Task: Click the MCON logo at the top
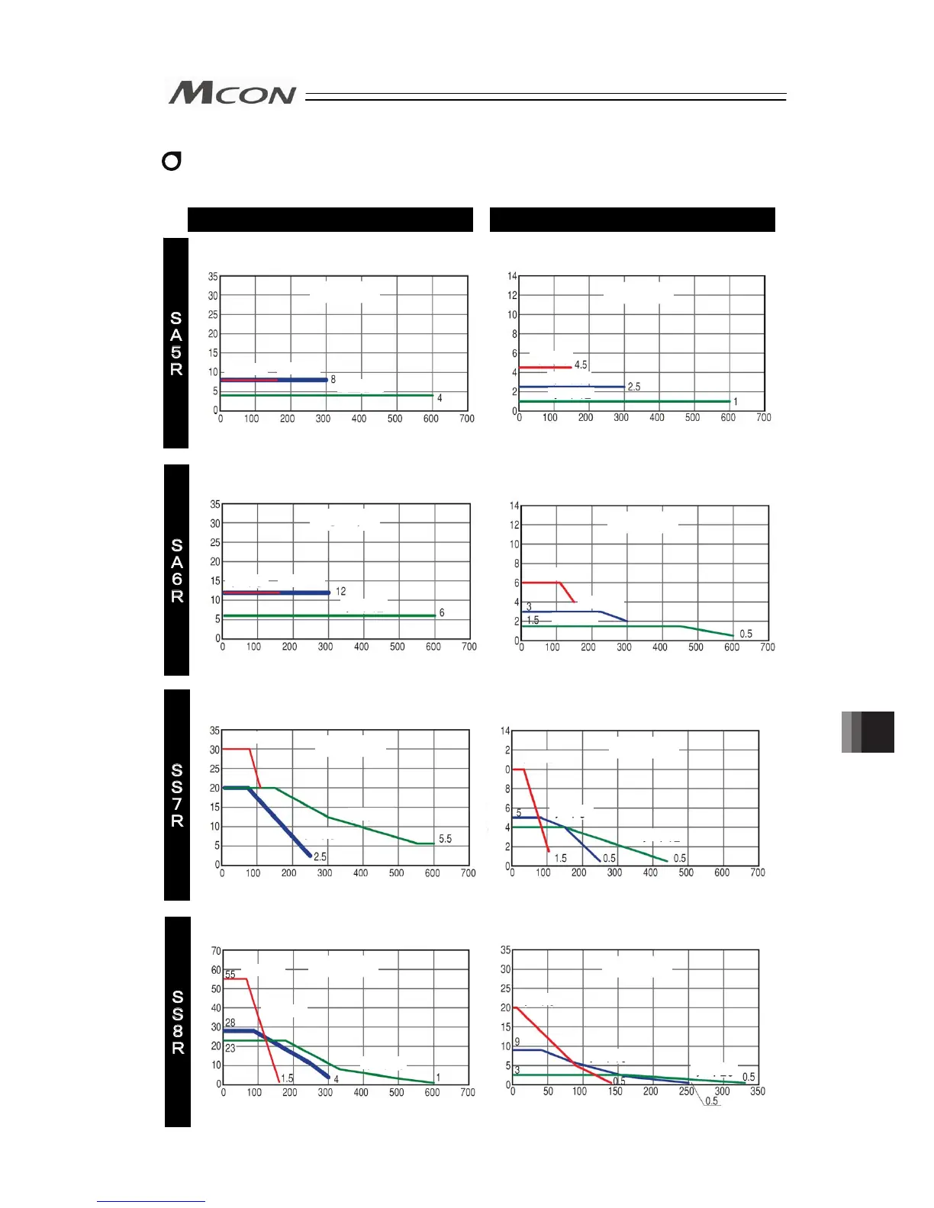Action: point(232,93)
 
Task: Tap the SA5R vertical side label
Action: point(176,343)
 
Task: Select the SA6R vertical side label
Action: point(177,570)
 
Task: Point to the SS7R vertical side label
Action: point(177,795)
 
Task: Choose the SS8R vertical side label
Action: point(178,1022)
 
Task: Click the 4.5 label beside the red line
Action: point(581,365)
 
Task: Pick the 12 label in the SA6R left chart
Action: point(340,591)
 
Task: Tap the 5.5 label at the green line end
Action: point(445,839)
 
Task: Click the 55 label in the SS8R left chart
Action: point(230,975)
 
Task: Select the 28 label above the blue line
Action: point(230,1023)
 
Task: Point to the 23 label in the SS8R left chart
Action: point(230,1048)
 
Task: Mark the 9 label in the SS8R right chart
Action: point(517,1042)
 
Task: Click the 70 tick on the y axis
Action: point(216,951)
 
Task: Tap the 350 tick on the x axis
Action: point(757,1091)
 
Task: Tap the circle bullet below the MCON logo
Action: point(172,162)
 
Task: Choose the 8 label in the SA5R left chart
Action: point(333,379)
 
